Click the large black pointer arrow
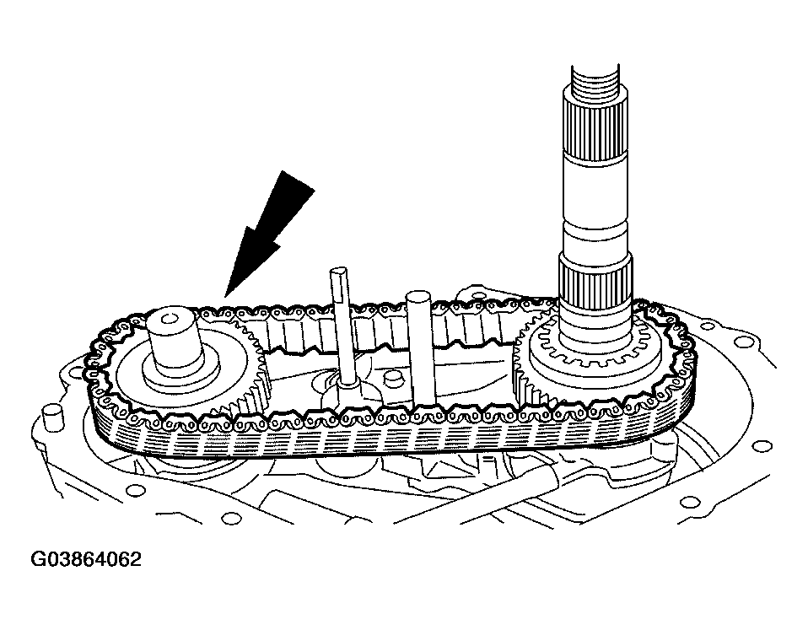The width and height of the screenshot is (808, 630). coord(268,234)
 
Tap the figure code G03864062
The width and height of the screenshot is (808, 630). coord(86,559)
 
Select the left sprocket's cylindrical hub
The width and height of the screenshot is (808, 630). coord(172,340)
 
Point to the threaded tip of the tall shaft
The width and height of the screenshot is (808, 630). coord(596,81)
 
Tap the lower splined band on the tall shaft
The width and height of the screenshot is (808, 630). coord(595,283)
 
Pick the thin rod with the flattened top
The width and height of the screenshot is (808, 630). coord(342,327)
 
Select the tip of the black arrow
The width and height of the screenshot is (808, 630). coord(225,297)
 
